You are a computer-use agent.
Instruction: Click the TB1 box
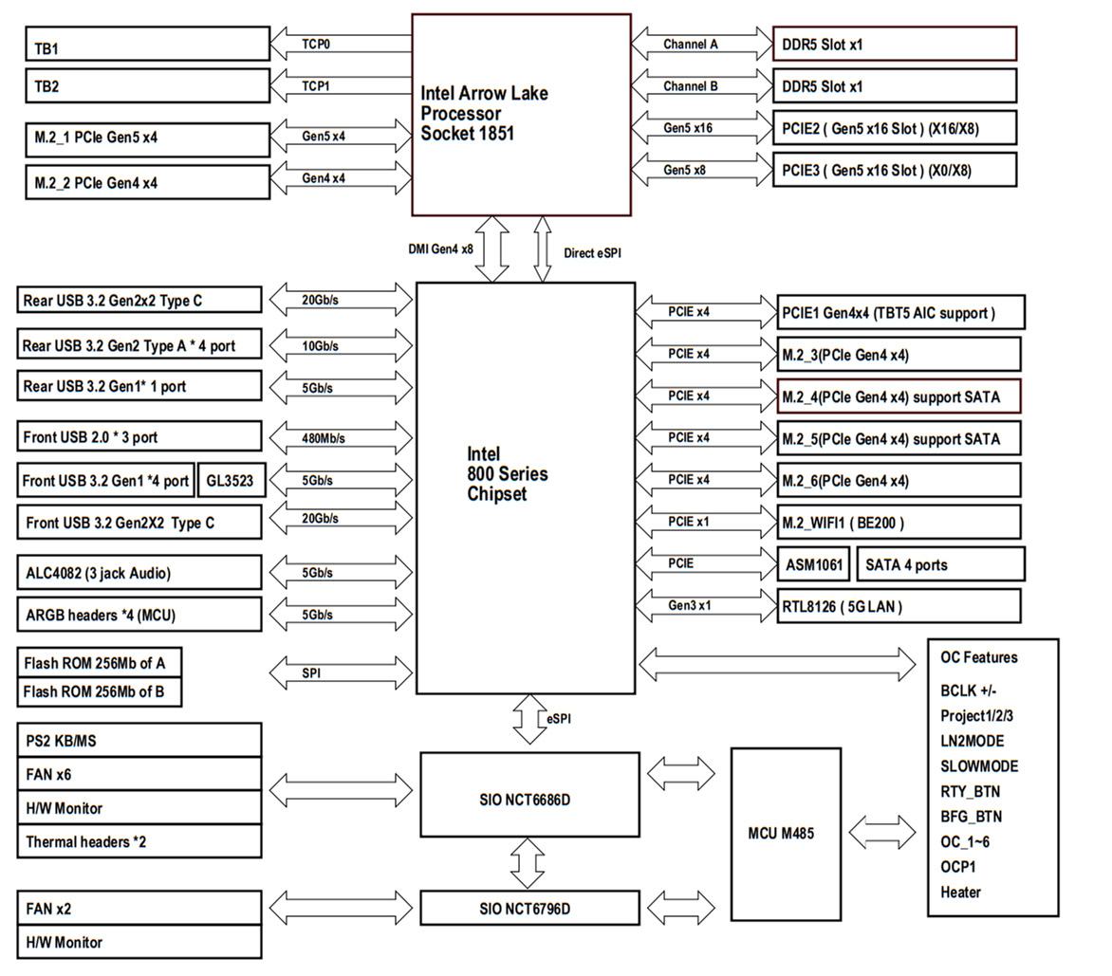coord(147,45)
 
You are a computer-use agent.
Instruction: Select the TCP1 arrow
coord(341,86)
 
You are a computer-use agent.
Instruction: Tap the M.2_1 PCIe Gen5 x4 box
coord(147,138)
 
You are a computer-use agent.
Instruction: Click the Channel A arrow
coord(702,44)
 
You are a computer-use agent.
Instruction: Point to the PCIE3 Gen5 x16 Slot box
coord(895,170)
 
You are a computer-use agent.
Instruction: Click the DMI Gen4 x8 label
coord(440,249)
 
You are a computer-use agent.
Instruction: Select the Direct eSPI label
coord(592,253)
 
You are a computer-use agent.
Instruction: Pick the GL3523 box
coord(230,481)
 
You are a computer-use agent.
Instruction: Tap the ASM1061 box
coord(814,564)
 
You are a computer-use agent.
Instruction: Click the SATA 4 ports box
coord(940,564)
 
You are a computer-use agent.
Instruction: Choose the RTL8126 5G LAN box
coord(899,606)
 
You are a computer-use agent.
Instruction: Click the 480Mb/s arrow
coord(341,438)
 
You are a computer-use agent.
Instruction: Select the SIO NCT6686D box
coord(529,800)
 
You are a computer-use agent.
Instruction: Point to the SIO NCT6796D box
coord(529,909)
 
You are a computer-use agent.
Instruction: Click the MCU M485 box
coord(786,834)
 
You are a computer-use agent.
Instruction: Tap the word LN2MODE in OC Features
coord(972,741)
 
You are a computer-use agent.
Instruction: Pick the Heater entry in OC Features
coord(960,892)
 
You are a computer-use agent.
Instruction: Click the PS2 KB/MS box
coord(139,741)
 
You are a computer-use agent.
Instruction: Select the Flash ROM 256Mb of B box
coord(99,691)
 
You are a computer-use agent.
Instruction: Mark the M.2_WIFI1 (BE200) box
coord(899,523)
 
